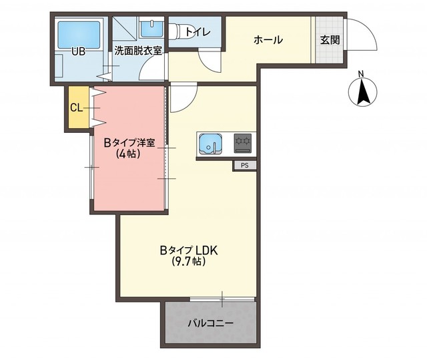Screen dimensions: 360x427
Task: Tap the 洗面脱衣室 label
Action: click(x=138, y=51)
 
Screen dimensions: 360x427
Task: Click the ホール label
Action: click(x=268, y=40)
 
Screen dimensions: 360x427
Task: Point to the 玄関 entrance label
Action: click(x=330, y=40)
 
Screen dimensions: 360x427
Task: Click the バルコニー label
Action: click(x=209, y=323)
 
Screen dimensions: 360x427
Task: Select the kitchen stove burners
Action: click(x=242, y=142)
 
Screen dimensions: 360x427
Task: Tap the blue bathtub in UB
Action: click(x=79, y=32)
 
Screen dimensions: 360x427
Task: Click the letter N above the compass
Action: click(x=361, y=73)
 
